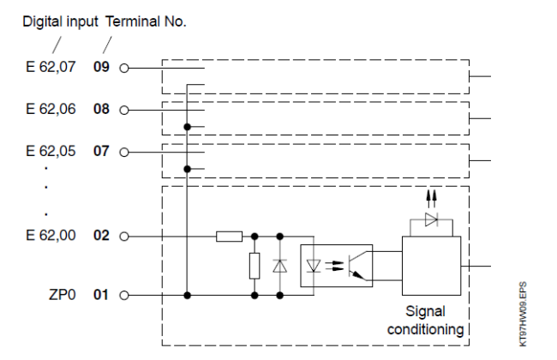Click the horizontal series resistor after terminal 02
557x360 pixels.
(x=229, y=235)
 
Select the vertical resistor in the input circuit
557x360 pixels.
(x=255, y=267)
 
